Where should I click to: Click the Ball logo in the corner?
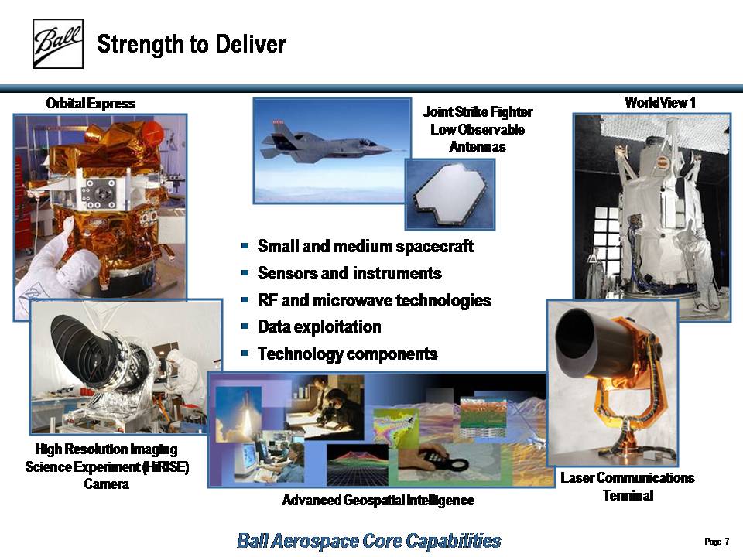coord(58,43)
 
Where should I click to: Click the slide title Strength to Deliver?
coord(191,44)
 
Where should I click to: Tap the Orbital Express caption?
coord(91,103)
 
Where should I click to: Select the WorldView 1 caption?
coord(659,102)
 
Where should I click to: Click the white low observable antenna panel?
coord(450,195)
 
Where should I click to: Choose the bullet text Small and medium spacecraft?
coord(365,246)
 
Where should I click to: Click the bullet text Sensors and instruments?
coord(349,273)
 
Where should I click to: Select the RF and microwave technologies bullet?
coord(374,300)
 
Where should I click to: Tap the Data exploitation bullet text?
coord(319,326)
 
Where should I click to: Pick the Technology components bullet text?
coord(348,354)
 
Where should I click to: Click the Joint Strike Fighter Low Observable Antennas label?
coord(478,129)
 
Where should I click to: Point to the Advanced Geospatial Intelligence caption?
coord(378,501)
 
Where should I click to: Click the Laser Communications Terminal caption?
coord(628,487)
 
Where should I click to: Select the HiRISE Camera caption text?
coord(107,466)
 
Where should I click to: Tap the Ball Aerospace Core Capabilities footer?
coord(368,541)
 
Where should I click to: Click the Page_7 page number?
coord(717,542)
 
